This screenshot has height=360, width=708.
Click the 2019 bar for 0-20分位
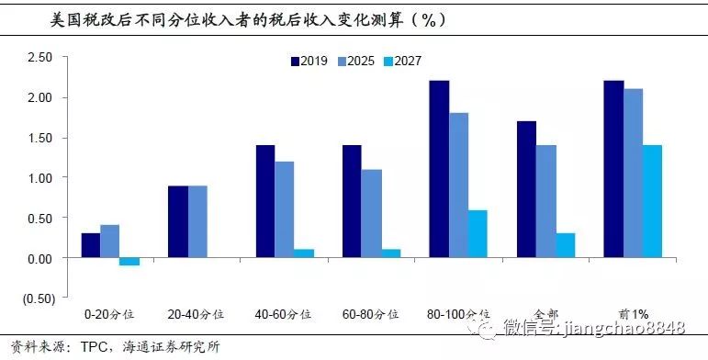pos(90,245)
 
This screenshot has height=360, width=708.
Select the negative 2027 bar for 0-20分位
pos(129,262)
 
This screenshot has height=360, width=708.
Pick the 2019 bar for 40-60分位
pos(264,201)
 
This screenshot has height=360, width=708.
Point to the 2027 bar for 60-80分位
pos(390,253)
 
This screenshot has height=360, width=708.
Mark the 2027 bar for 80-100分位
pos(478,234)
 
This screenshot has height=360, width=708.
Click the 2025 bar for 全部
pos(545,201)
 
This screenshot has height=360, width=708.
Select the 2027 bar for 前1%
pos(652,201)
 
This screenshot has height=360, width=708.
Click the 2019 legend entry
pos(308,61)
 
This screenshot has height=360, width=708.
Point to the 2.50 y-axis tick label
pos(40,57)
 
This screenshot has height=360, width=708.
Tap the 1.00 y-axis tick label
pos(40,178)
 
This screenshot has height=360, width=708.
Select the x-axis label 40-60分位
pos(284,314)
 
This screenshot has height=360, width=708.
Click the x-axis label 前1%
pos(632,314)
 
